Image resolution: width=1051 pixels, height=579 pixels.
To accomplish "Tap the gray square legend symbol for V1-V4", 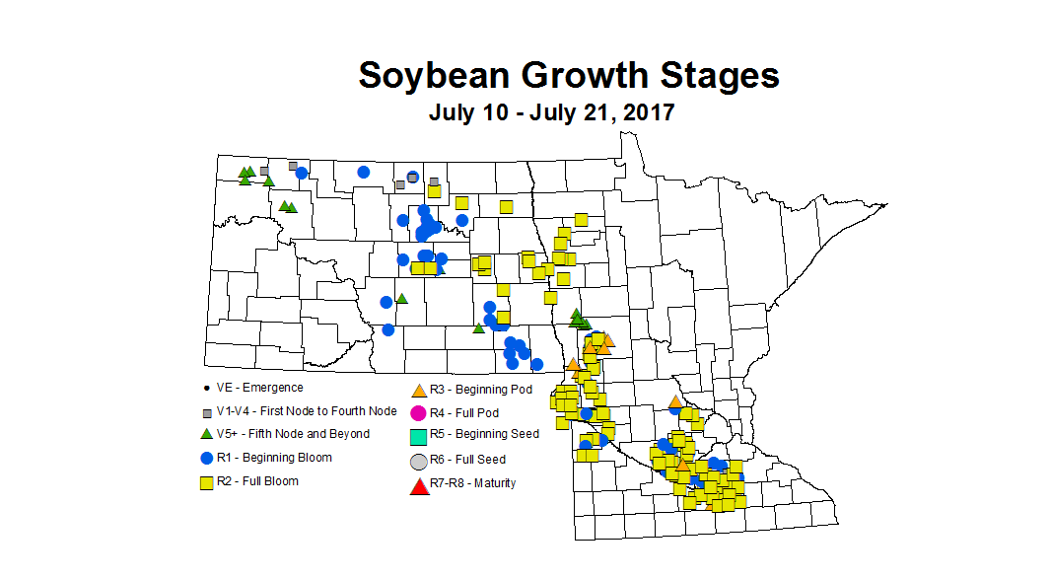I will pos(207,411).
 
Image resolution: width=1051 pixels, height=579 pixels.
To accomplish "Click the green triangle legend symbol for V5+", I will pos(207,434).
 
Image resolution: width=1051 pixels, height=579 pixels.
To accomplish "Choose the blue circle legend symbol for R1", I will pos(207,458).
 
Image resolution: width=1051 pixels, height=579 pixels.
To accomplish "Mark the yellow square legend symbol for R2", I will pos(207,482).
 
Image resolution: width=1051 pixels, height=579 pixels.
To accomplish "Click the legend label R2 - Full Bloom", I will pos(259,481).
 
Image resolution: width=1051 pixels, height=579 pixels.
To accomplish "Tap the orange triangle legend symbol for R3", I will pos(418,391).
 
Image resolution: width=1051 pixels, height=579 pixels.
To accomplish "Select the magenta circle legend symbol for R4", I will pos(418,412).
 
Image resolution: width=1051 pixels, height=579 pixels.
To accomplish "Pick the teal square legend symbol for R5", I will pos(418,435).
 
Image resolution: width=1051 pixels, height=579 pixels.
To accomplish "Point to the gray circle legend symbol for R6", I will pos(418,461).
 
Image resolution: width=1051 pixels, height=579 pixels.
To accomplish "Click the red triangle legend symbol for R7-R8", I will pos(418,484).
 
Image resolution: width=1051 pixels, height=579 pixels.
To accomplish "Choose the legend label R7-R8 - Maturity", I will pos(472,483).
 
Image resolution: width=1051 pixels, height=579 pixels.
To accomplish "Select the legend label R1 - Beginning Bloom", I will pos(275,458).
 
